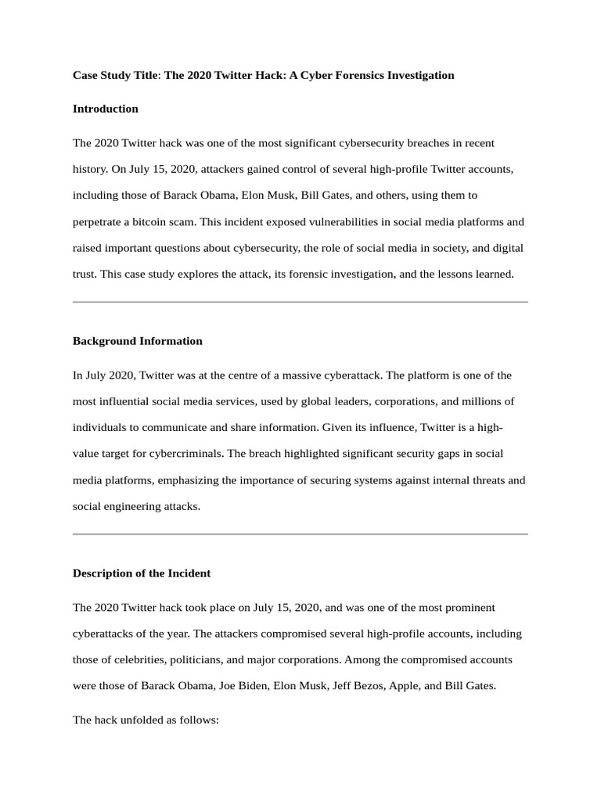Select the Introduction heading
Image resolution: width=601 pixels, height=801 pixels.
[x=106, y=109]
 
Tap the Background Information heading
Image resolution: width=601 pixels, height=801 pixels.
[x=138, y=341]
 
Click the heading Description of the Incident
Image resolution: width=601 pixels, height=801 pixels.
[x=142, y=573]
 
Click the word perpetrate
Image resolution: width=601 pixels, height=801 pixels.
[x=99, y=221]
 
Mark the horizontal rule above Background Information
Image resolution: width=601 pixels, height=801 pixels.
[x=300, y=302]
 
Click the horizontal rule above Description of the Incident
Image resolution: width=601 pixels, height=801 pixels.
[x=300, y=534]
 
